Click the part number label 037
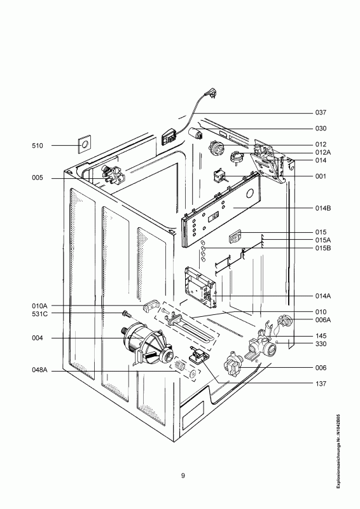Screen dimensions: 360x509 321,113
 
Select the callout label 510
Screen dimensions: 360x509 38,146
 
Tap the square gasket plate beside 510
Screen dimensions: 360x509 85,144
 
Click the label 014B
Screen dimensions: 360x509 323,208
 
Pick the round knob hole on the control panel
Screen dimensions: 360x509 250,194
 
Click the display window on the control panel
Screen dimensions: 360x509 214,216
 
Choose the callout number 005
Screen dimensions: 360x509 38,178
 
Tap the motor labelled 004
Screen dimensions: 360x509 147,344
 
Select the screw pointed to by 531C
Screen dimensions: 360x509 125,314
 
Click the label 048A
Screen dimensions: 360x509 39,370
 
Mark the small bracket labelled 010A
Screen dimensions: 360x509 151,305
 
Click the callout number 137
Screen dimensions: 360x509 321,384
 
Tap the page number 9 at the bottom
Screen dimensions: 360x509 183,476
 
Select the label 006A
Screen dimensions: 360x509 323,320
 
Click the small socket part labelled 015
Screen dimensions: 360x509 235,237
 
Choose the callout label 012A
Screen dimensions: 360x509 323,153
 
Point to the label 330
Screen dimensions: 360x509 321,344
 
